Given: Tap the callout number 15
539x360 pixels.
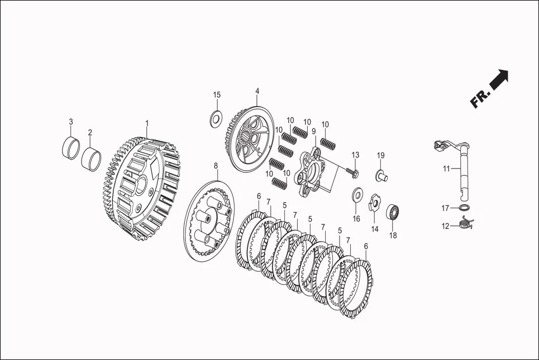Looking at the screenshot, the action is tap(217, 95).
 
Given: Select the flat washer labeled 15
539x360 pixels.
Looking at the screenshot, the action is tap(216, 118).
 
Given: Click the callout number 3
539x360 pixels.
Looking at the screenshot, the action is tap(71, 122).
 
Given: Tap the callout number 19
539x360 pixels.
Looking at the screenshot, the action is tap(380, 155).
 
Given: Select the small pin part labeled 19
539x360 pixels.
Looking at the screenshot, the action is tap(381, 175).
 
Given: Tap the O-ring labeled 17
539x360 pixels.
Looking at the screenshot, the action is tap(464, 208).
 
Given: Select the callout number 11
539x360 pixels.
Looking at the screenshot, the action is tap(446, 169).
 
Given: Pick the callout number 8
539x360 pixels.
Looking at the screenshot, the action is tap(216, 166).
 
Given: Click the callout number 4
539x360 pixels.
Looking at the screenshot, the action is tap(257, 91).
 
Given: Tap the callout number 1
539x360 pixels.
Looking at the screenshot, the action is tap(147, 123).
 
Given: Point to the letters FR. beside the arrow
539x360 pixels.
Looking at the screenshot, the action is tap(480, 99).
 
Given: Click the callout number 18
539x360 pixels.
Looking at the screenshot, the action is tap(393, 236).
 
